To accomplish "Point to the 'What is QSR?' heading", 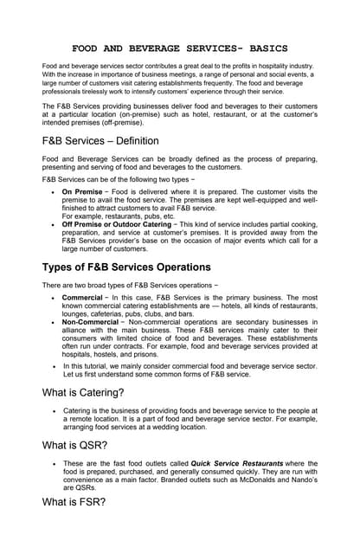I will pyautogui.click(x=75, y=446).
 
